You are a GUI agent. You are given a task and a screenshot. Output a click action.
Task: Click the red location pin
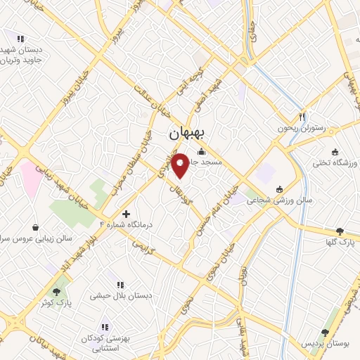pos(181,166)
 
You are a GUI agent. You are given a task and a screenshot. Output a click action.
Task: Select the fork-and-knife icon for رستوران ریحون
pos(302,117)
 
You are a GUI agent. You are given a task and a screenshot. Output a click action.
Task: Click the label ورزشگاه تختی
pos(337,163)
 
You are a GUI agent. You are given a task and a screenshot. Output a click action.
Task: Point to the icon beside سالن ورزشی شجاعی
pos(280,188)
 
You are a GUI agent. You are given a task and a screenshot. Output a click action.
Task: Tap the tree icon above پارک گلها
pos(340,231)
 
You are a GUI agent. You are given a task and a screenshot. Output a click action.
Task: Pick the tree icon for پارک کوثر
pos(56,291)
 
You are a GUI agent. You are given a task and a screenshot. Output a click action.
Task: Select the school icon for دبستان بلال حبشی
pos(120,285)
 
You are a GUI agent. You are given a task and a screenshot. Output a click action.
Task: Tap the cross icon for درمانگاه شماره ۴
pos(126,213)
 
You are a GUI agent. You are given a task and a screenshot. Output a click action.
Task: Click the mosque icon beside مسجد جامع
pos(202,151)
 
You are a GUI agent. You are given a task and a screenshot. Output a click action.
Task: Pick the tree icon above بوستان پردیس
pos(325,332)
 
